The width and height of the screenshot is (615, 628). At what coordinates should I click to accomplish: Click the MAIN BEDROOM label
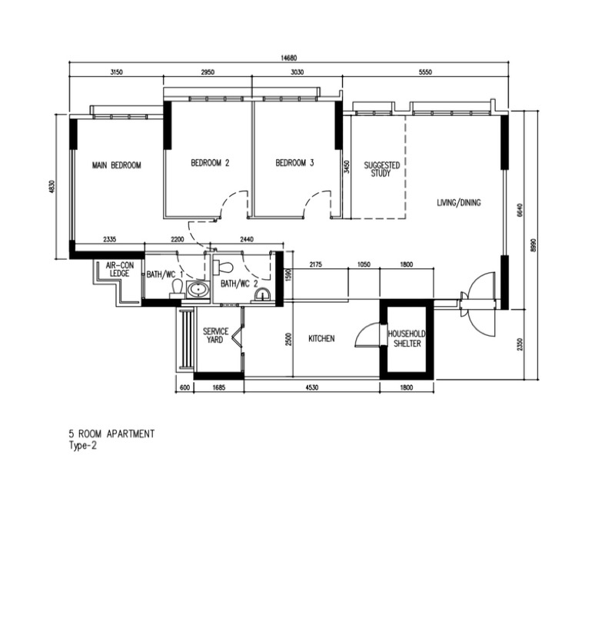(117, 165)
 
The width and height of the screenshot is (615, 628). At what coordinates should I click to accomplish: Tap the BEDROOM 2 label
(210, 163)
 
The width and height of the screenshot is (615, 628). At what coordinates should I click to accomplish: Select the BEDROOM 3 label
(294, 163)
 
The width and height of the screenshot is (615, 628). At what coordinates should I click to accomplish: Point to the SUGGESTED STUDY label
(381, 169)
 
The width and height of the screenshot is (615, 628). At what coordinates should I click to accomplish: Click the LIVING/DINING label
(458, 202)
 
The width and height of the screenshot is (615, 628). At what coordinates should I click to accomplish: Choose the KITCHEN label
(321, 338)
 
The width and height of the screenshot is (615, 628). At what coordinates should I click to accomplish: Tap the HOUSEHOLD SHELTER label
(407, 338)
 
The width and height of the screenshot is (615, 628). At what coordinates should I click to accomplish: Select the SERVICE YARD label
(215, 335)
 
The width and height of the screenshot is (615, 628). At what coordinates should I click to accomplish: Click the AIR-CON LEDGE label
(119, 269)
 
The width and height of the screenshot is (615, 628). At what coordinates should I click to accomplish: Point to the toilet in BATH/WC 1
(177, 288)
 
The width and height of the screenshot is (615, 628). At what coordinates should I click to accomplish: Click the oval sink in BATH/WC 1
(198, 289)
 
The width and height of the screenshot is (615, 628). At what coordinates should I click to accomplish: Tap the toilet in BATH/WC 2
(223, 267)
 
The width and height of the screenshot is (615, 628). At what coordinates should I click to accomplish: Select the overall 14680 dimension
(289, 58)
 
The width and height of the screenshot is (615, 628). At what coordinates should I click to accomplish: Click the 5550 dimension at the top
(425, 72)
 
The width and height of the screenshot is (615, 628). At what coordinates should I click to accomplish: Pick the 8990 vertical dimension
(533, 245)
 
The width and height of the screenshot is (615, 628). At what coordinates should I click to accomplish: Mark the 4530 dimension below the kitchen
(311, 387)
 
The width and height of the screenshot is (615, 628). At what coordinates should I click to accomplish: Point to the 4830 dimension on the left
(51, 187)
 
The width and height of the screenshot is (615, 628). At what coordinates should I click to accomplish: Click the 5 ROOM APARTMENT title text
(111, 434)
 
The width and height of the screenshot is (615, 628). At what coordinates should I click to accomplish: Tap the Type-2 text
(82, 445)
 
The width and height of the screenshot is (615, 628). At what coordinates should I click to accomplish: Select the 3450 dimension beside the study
(347, 167)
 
